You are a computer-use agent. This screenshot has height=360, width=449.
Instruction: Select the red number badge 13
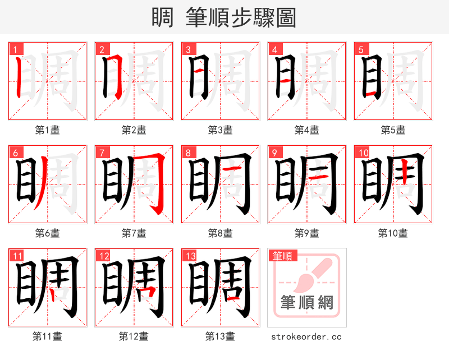pos(189,256)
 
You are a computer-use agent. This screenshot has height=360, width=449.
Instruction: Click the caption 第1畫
pos(47,130)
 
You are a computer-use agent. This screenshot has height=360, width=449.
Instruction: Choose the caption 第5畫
pos(393,130)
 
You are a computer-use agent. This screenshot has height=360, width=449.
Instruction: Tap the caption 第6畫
pos(47,233)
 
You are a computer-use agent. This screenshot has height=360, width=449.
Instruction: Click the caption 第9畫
pos(306,233)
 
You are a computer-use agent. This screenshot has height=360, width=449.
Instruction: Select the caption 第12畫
pos(134,336)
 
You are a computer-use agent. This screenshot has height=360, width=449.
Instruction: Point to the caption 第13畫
pos(220,336)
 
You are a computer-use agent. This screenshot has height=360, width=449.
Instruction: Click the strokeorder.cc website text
pos(306,337)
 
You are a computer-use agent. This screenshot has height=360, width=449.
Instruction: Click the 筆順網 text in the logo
pos(307,303)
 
